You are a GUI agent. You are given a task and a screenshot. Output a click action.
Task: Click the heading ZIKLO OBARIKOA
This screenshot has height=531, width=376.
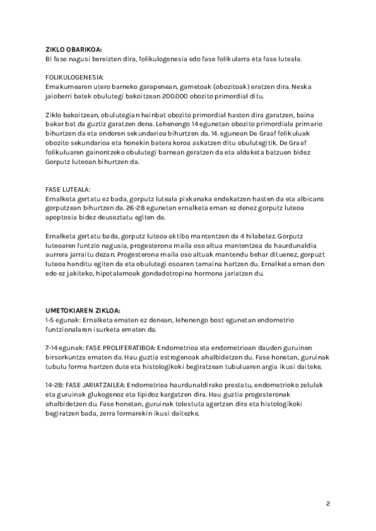[x=73, y=48]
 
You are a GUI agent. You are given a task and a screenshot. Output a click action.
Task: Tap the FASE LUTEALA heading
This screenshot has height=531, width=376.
[x=68, y=189]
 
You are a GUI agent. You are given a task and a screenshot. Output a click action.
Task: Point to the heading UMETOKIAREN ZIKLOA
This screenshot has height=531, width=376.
[x=83, y=310]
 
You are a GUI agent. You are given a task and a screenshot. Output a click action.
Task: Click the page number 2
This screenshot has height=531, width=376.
[x=328, y=503]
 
